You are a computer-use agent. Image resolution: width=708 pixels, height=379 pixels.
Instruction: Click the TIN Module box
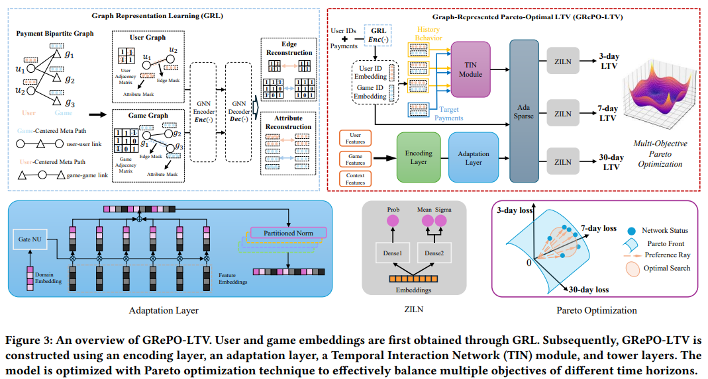pyautogui.click(x=471, y=69)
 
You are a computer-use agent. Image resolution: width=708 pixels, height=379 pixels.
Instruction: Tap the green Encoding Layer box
pyautogui.click(x=418, y=157)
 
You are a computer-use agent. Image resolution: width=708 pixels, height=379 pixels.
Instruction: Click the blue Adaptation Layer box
pyautogui.click(x=473, y=157)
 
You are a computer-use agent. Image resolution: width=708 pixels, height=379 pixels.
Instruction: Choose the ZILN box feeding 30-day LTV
pyautogui.click(x=562, y=161)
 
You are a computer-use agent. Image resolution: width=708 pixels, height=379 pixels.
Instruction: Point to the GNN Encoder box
pyautogui.click(x=203, y=112)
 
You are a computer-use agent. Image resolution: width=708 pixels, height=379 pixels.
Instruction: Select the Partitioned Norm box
pyautogui.click(x=289, y=233)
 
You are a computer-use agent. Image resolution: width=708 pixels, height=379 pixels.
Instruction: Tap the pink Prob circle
pyautogui.click(x=393, y=220)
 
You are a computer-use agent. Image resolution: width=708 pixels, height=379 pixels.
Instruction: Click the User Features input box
pyautogui.click(x=355, y=138)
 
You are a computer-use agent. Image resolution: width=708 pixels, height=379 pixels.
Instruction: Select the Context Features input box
pyautogui.click(x=355, y=178)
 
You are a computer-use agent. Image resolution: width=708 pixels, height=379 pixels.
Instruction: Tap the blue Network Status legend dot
pyautogui.click(x=632, y=230)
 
